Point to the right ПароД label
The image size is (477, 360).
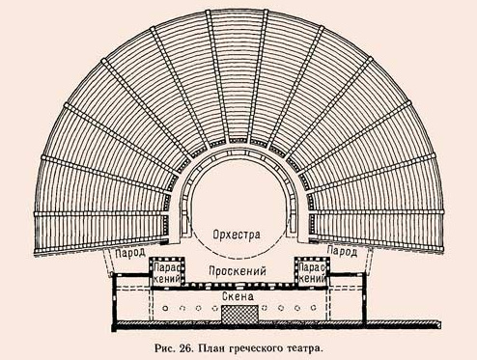point(344,252)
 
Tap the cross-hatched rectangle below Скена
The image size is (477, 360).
point(238,312)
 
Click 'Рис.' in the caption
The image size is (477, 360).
point(140,344)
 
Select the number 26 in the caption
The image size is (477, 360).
point(163,344)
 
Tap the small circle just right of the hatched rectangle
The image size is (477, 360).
point(267,310)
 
